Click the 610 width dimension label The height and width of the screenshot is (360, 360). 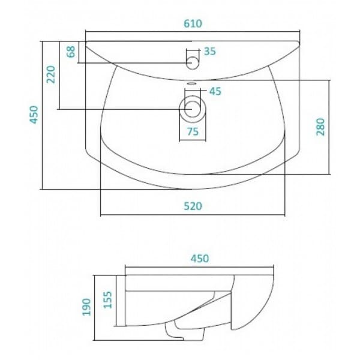(193, 23)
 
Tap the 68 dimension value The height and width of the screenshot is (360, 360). (71, 52)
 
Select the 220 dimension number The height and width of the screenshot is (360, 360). (51, 74)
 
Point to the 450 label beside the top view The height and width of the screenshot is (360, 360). (34, 115)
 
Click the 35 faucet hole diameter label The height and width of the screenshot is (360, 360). (210, 52)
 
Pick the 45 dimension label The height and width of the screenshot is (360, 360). (215, 91)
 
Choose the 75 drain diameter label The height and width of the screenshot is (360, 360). (193, 131)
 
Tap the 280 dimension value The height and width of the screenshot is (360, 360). (320, 127)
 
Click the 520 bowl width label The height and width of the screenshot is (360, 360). (193, 206)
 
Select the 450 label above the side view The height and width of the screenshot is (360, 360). (200, 259)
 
